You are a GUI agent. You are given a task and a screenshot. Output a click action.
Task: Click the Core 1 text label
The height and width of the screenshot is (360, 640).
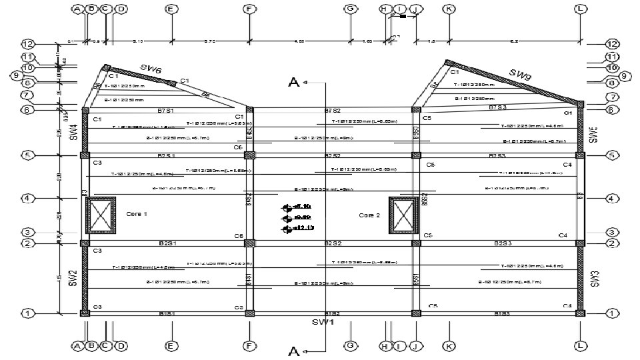click(x=136, y=214)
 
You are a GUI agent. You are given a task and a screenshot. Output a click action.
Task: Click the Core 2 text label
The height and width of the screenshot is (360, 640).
click(x=369, y=215)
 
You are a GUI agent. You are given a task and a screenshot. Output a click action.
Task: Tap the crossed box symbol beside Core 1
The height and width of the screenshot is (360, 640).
click(x=101, y=214)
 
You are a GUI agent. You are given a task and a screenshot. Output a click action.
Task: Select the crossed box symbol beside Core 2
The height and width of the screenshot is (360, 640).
click(x=403, y=213)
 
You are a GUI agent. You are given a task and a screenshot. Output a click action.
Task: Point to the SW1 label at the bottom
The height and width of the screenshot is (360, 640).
click(x=323, y=322)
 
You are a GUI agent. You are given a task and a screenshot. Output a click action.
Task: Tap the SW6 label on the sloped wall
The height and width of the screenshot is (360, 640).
click(x=151, y=69)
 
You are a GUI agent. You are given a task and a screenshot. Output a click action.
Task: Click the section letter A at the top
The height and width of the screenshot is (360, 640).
click(x=293, y=82)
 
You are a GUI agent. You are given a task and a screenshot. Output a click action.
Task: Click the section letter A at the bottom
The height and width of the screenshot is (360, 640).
click(x=293, y=351)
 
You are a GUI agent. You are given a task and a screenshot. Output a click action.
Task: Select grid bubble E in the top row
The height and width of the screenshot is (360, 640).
click(x=171, y=9)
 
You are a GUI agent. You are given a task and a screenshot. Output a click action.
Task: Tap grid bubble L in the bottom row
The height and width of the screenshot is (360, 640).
click(x=581, y=346)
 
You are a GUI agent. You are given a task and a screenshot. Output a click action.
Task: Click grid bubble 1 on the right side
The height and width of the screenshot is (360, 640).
click(x=612, y=313)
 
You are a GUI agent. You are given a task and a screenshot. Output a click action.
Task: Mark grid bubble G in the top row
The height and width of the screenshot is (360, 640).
click(x=350, y=9)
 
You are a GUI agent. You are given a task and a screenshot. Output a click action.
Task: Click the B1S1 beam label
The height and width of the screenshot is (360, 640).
click(x=167, y=313)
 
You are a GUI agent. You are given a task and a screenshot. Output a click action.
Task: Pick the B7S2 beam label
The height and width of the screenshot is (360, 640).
click(x=333, y=110)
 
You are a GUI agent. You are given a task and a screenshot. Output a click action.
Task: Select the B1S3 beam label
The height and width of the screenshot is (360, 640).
click(x=503, y=313)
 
